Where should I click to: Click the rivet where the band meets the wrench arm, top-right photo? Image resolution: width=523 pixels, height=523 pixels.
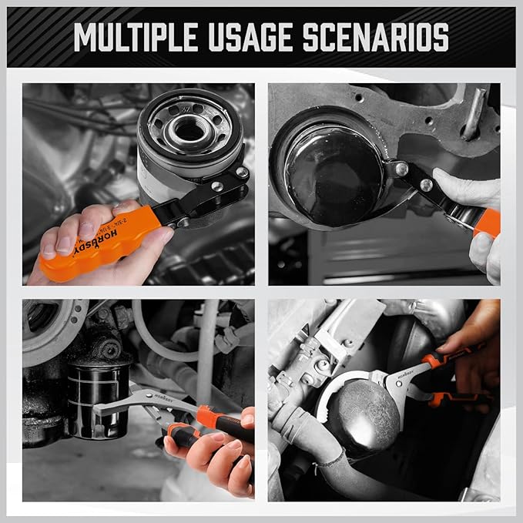point(400,167)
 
